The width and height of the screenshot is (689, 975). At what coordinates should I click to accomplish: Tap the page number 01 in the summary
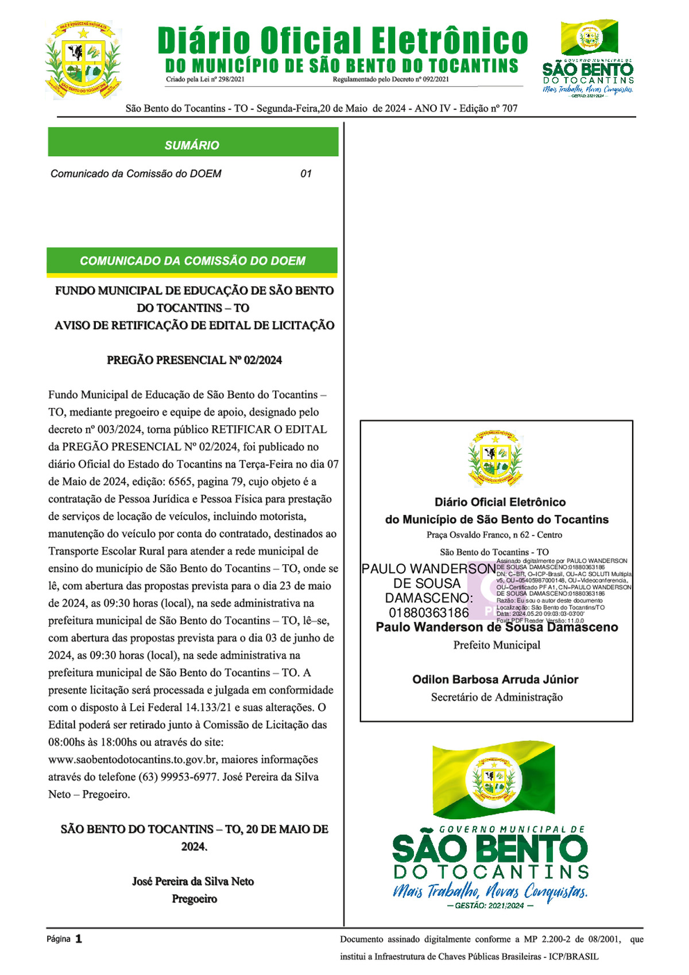point(306,174)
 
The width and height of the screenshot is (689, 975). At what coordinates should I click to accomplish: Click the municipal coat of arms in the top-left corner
point(83,60)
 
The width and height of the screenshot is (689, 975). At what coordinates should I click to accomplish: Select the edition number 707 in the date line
point(509,108)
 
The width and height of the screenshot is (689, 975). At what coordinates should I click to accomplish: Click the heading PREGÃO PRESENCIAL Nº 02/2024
point(194,360)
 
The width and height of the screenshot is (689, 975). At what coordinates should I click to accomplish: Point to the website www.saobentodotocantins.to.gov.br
point(132,760)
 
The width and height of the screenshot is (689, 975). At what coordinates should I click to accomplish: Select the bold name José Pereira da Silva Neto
point(193,881)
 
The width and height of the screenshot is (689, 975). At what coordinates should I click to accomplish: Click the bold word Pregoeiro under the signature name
point(194,899)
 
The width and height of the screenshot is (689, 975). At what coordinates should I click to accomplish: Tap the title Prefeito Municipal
point(497,645)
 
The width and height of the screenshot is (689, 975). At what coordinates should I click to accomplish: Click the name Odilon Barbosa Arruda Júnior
point(495,680)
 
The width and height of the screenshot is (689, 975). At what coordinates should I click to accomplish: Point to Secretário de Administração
point(497,697)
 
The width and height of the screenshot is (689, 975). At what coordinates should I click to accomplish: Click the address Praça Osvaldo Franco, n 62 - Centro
point(494,535)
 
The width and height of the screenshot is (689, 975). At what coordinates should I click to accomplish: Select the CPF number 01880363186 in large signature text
point(428,612)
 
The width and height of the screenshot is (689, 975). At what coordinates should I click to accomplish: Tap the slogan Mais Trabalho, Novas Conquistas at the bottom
point(490,891)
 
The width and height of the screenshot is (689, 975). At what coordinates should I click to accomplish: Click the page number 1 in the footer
point(79,939)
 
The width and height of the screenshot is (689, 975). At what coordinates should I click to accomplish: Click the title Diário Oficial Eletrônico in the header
point(343,41)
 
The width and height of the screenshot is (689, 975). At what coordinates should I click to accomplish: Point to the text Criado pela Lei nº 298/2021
point(205,79)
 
